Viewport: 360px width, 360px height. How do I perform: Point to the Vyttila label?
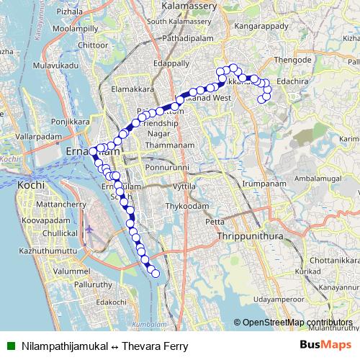click(184, 186)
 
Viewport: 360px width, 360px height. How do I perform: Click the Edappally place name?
click(171, 63)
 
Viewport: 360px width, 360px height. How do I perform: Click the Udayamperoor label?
click(284, 298)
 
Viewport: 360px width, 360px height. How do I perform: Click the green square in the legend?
click(11, 346)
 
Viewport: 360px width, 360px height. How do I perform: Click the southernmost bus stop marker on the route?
click(153, 271)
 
